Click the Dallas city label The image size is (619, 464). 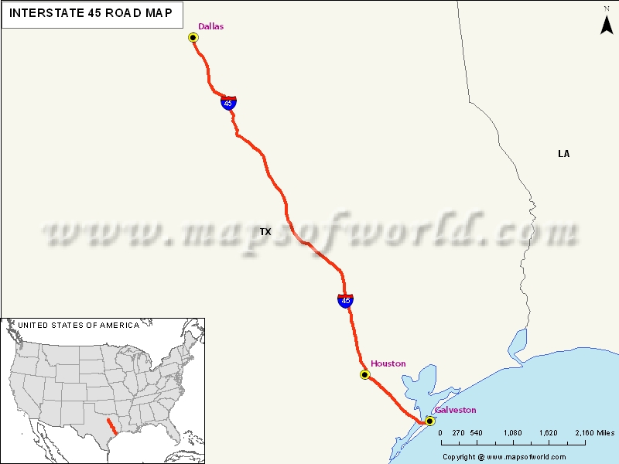point(210,26)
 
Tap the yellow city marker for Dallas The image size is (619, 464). point(193,37)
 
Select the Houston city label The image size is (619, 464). point(388,363)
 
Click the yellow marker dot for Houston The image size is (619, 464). point(365,375)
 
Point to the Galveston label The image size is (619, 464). point(455,410)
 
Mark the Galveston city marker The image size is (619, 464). point(429,421)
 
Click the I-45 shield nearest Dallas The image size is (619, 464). point(227,103)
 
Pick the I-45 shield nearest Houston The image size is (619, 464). point(346,300)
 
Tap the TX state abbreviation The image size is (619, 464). point(265,232)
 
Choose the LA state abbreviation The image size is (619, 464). point(563,154)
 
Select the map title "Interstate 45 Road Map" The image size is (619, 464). point(91,14)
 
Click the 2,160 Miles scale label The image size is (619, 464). point(594,433)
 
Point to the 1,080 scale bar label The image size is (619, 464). point(511,433)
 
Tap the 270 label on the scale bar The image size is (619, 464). point(457,433)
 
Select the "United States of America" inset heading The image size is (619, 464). point(79,326)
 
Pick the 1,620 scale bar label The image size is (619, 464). point(547,433)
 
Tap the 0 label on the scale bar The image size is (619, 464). point(440,433)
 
